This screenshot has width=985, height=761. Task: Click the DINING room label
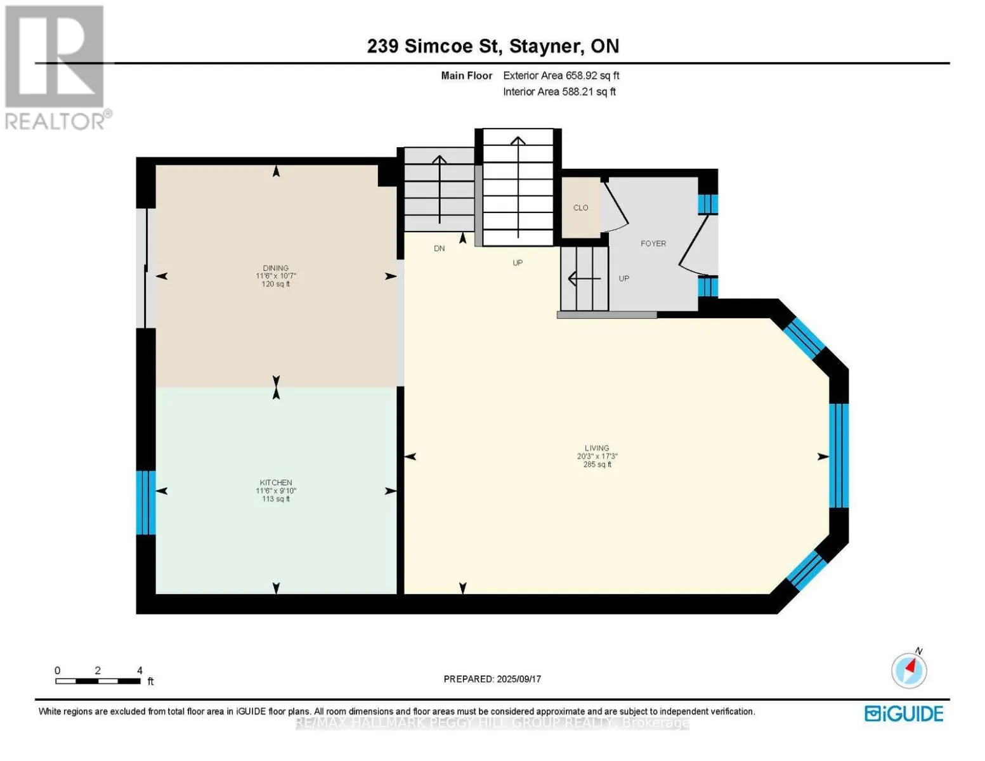click(275, 268)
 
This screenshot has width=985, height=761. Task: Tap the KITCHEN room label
click(275, 483)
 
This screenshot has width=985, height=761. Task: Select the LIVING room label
click(597, 448)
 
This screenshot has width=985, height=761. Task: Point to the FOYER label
click(653, 244)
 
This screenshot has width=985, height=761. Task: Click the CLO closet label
click(580, 208)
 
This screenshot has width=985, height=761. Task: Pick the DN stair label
click(439, 249)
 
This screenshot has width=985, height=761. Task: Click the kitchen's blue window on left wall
click(145, 502)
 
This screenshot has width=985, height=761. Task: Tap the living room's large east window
click(838, 455)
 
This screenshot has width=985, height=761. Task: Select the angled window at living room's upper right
click(804, 339)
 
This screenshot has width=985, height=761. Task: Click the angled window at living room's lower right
click(806, 569)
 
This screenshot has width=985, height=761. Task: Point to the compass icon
click(909, 670)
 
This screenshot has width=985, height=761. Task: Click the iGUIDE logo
click(903, 713)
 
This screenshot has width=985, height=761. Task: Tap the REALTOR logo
click(56, 67)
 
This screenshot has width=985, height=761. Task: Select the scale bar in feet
click(98, 681)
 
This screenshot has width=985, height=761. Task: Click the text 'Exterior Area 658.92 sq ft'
click(561, 75)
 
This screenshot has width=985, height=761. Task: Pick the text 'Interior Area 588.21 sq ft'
click(559, 92)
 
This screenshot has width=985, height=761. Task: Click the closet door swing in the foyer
click(615, 206)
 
